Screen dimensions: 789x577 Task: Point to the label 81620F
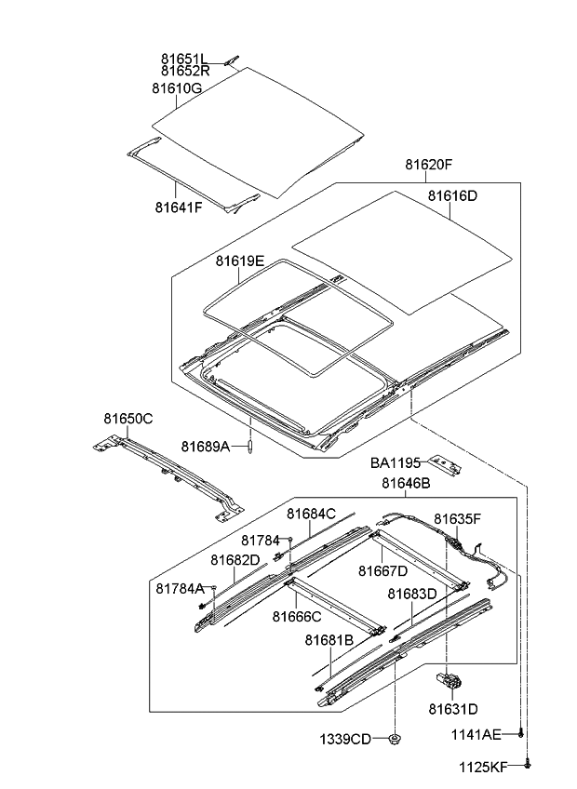coord(428,165)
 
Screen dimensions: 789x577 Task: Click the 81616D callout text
coord(452,196)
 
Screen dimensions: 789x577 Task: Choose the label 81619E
coord(240,261)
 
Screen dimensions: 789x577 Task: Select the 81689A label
coord(205,447)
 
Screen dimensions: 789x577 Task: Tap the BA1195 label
coord(396,461)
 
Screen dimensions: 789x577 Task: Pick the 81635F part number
coord(457,518)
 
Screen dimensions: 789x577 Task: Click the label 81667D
coord(383,570)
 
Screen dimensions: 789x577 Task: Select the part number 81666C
coord(297,615)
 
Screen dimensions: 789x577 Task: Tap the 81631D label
coord(453,709)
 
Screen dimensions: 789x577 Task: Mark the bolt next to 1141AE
coord(522,734)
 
